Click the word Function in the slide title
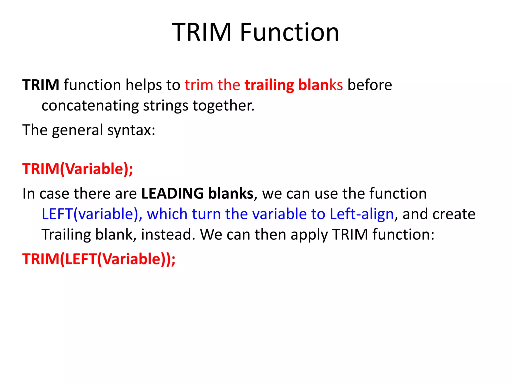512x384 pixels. [x=289, y=32]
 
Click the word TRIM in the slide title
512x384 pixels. [x=201, y=32]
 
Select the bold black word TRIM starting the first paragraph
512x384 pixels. [x=41, y=85]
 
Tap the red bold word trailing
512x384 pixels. [x=269, y=85]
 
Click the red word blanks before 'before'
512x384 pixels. [x=320, y=85]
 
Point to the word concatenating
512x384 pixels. [x=90, y=106]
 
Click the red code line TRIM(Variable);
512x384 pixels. [x=78, y=169]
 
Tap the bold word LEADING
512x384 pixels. [x=172, y=193]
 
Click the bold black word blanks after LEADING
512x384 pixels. [x=230, y=193]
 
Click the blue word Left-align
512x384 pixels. [x=361, y=214]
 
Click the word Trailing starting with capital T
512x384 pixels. [x=66, y=235]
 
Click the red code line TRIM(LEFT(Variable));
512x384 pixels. [x=99, y=259]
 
